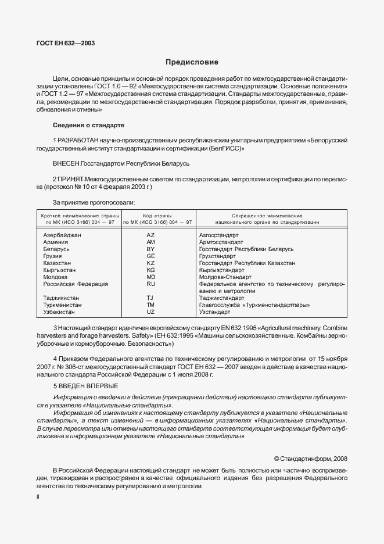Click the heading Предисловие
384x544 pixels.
pyautogui.click(x=192, y=62)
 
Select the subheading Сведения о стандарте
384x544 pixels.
pyautogui.click(x=88, y=125)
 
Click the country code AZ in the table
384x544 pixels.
pyautogui.click(x=150, y=235)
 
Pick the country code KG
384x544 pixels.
pyautogui.click(x=150, y=270)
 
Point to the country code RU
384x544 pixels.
pyautogui.click(x=150, y=284)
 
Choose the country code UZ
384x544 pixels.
pyautogui.click(x=150, y=312)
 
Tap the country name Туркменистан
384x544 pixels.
pyautogui.click(x=62, y=305)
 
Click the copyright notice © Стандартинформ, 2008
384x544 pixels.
pyautogui.click(x=310, y=459)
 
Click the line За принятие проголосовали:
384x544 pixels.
pyautogui.click(x=94, y=202)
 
